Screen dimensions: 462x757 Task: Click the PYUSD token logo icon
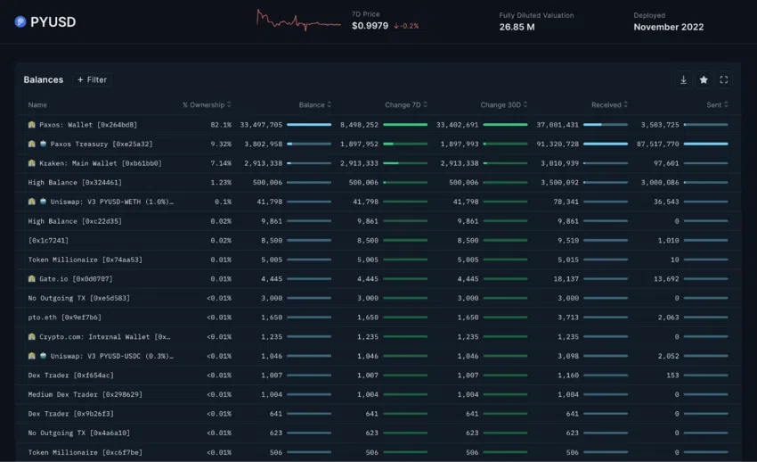(20, 21)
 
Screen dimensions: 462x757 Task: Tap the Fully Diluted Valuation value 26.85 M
(517, 27)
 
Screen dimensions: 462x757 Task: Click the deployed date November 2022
(668, 27)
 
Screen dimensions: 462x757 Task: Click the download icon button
(683, 79)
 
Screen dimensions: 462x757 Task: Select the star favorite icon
(704, 79)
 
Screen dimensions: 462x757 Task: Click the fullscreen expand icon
(724, 79)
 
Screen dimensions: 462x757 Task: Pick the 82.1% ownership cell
(220, 125)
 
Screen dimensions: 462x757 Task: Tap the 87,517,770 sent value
(658, 144)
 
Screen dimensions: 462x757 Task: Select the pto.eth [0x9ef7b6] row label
(64, 317)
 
